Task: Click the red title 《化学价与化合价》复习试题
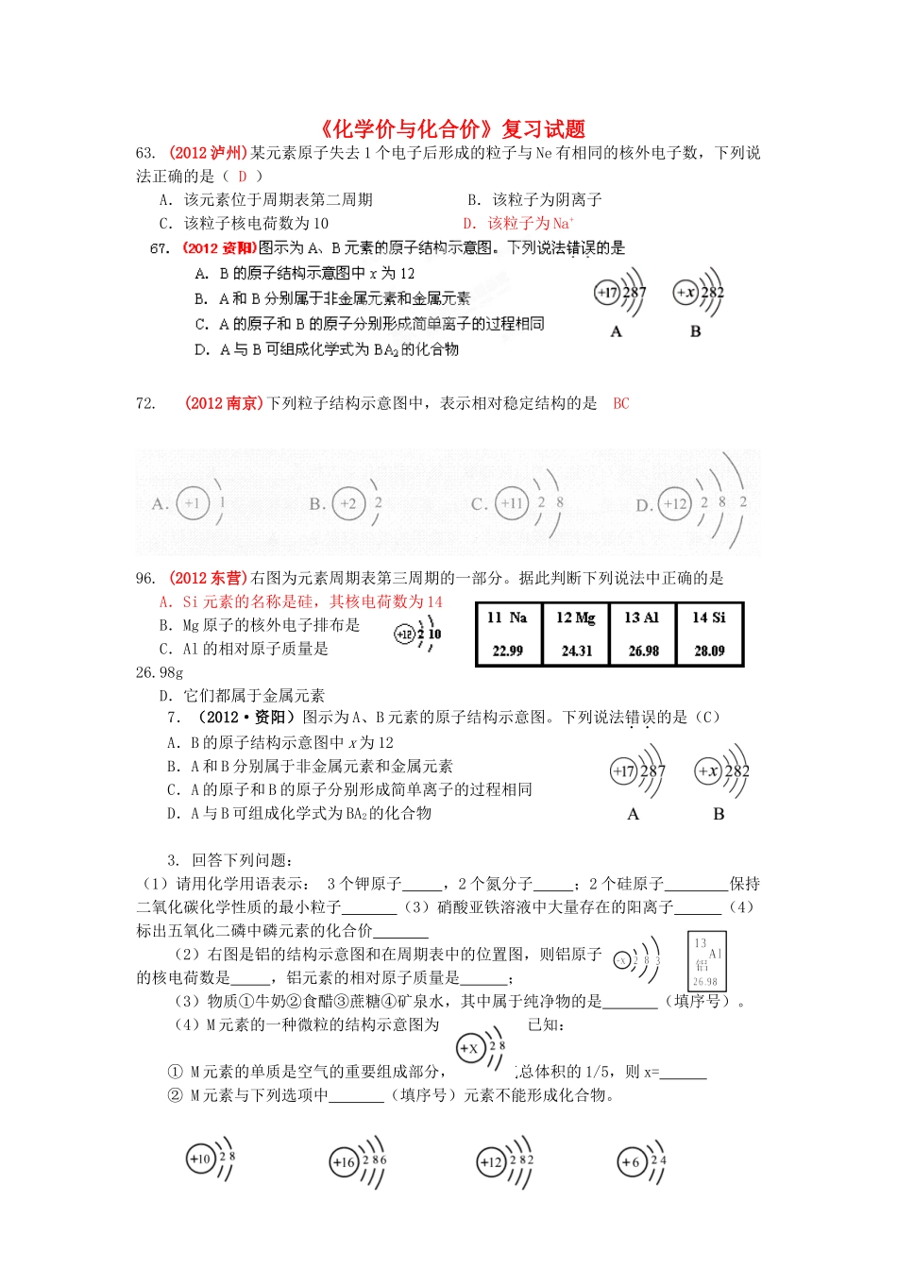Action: [448, 128]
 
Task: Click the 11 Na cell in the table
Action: [508, 634]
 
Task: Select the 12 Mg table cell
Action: [576, 634]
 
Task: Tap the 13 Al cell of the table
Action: [643, 634]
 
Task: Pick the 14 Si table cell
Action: [710, 634]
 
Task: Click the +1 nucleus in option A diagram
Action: [193, 503]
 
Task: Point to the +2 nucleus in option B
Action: [349, 503]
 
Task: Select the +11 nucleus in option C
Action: [511, 503]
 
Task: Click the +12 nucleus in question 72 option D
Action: [675, 503]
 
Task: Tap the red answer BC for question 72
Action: [620, 403]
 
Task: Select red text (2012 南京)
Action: [224, 403]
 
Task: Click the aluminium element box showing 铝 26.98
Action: [706, 962]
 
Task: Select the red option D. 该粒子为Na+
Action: [518, 224]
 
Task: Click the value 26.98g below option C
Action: [160, 672]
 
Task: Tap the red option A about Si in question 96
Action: [300, 601]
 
